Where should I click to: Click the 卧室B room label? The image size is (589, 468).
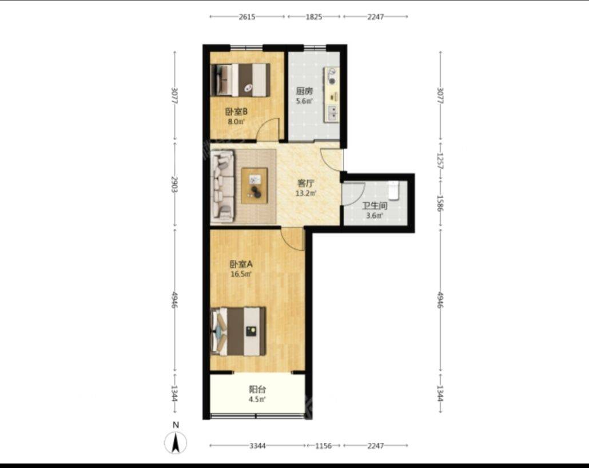[236, 112]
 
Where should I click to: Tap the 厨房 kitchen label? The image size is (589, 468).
[304, 92]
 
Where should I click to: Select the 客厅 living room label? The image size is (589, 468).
[306, 184]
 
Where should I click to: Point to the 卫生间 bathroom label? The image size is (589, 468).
[375, 206]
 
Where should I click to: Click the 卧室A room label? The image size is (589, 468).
[241, 264]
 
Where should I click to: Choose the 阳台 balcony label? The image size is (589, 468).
[258, 390]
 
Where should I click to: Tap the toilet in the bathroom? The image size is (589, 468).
[393, 191]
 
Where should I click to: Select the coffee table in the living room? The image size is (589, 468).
[254, 186]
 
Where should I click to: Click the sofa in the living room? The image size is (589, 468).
[222, 186]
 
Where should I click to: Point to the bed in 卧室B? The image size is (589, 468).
[240, 80]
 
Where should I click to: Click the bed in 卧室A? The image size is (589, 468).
[238, 331]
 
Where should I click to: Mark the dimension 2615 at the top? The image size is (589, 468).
[247, 17]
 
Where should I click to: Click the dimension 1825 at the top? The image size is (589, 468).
[314, 17]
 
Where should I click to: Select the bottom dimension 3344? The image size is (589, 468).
[258, 446]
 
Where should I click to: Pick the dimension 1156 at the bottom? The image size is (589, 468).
[324, 446]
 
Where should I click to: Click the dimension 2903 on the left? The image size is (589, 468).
[174, 184]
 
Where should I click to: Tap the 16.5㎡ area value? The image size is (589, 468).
[241, 274]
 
